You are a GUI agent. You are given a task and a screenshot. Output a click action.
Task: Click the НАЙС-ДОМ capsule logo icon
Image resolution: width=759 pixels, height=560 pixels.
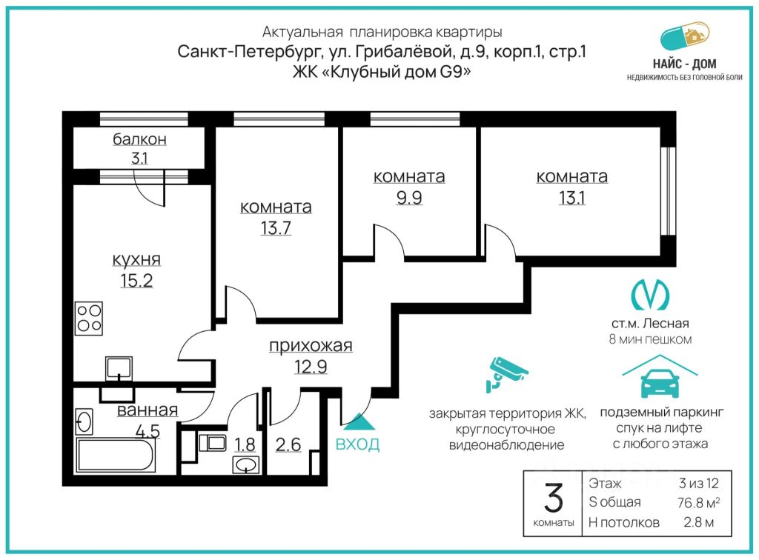click(x=684, y=36)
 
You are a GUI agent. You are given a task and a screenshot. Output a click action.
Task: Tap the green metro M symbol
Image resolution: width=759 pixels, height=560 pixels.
click(x=650, y=295)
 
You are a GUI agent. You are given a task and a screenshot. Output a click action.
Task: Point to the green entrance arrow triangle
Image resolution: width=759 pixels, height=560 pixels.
click(x=358, y=421)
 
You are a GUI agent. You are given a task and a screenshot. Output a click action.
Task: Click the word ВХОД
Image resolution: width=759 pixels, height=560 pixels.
click(x=358, y=444)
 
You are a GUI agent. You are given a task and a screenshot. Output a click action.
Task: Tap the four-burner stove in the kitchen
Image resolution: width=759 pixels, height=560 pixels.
click(x=89, y=319)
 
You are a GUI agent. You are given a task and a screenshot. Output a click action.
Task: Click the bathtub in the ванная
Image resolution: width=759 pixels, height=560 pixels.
click(x=116, y=455)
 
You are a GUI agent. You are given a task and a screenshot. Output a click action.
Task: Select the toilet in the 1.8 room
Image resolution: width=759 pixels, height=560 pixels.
click(x=212, y=442)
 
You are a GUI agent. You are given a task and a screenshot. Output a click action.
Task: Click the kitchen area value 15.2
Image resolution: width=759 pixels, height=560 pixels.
click(x=136, y=281)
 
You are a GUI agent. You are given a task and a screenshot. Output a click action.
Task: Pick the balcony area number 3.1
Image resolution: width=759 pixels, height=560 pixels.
click(x=139, y=158)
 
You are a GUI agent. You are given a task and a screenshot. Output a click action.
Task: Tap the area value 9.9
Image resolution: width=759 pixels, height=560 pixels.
click(x=409, y=198)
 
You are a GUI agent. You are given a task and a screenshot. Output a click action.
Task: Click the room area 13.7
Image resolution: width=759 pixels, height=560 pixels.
click(x=276, y=227)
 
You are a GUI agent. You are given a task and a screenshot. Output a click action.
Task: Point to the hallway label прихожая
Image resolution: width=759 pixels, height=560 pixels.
click(x=311, y=346)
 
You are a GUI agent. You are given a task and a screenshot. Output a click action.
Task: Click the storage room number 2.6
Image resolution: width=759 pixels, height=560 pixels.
click(x=288, y=444)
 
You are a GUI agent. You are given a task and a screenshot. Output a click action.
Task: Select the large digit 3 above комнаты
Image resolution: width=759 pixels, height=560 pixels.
click(x=554, y=499)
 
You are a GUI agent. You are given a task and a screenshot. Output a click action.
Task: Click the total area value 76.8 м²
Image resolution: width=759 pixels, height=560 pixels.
click(x=698, y=502)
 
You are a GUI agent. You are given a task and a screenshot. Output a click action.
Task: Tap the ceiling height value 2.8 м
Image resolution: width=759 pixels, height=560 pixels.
click(x=698, y=522)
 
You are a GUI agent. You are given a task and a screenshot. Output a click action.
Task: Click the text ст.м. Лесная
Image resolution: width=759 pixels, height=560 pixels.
click(x=650, y=324)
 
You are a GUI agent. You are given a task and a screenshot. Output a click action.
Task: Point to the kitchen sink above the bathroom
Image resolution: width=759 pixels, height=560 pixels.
click(x=119, y=368)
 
